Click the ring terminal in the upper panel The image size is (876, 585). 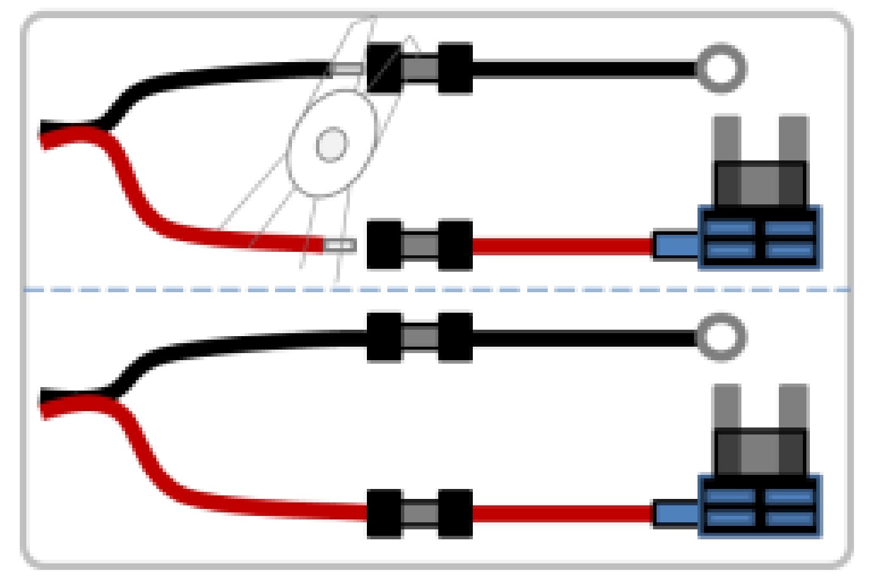click(x=721, y=69)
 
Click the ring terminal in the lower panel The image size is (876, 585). click(x=721, y=337)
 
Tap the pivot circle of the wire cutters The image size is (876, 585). click(x=332, y=145)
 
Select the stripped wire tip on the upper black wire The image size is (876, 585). click(x=348, y=69)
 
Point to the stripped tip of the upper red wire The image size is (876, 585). click(x=340, y=245)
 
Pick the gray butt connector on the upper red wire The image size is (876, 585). click(x=420, y=244)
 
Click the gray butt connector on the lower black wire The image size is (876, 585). click(x=420, y=337)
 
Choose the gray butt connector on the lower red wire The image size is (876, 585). click(x=420, y=514)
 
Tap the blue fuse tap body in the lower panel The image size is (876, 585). click(x=760, y=507)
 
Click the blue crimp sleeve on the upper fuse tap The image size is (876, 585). click(x=675, y=245)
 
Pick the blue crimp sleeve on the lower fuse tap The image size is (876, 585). click(x=675, y=514)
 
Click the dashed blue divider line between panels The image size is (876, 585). click(x=527, y=289)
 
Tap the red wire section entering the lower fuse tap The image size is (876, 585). click(x=562, y=514)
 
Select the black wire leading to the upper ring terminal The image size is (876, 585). click(x=585, y=69)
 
